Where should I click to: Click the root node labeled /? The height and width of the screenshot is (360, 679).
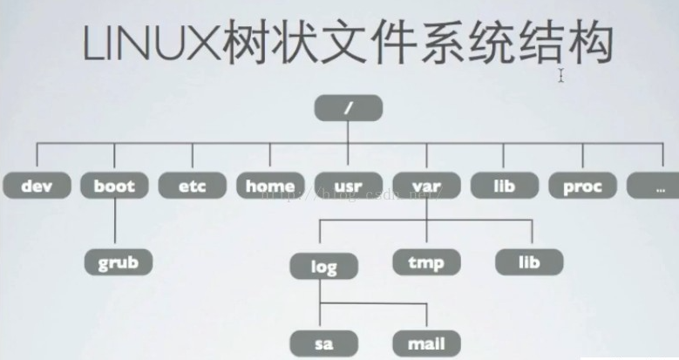coord(349,108)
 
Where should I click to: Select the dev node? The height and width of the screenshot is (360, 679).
coord(37,185)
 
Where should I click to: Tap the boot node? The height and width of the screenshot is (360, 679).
coord(114,185)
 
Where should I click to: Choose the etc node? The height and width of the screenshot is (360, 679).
coord(193,185)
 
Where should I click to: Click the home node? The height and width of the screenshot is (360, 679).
coord(270,185)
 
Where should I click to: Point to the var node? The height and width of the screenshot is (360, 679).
coord(426,185)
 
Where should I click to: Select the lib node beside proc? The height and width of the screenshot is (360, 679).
coord(505,185)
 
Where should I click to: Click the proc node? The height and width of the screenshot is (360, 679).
coord(582,185)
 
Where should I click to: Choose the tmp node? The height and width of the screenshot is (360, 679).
coord(426,262)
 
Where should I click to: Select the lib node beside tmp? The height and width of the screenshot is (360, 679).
coord(529,262)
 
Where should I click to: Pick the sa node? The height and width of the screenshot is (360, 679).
coord(323,343)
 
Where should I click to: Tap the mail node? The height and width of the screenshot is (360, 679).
coord(426,343)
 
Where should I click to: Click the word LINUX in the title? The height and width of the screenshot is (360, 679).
coord(147,44)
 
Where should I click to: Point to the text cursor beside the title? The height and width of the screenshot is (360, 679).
coord(562,76)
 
